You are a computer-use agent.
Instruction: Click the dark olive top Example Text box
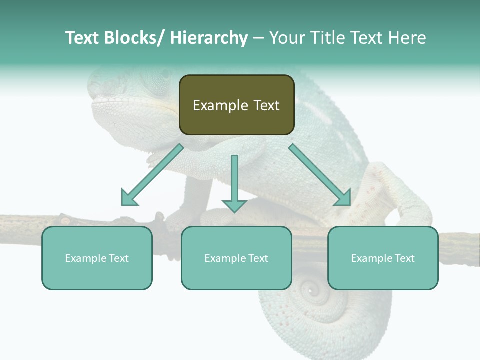[x=236, y=105]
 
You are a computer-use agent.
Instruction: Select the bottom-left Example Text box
[x=97, y=258]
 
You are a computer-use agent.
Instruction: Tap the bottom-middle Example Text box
[x=236, y=258]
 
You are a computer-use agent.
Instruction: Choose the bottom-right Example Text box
[x=383, y=258]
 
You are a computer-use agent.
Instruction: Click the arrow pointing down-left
[x=153, y=175]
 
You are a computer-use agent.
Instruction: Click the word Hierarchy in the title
[x=209, y=38]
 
